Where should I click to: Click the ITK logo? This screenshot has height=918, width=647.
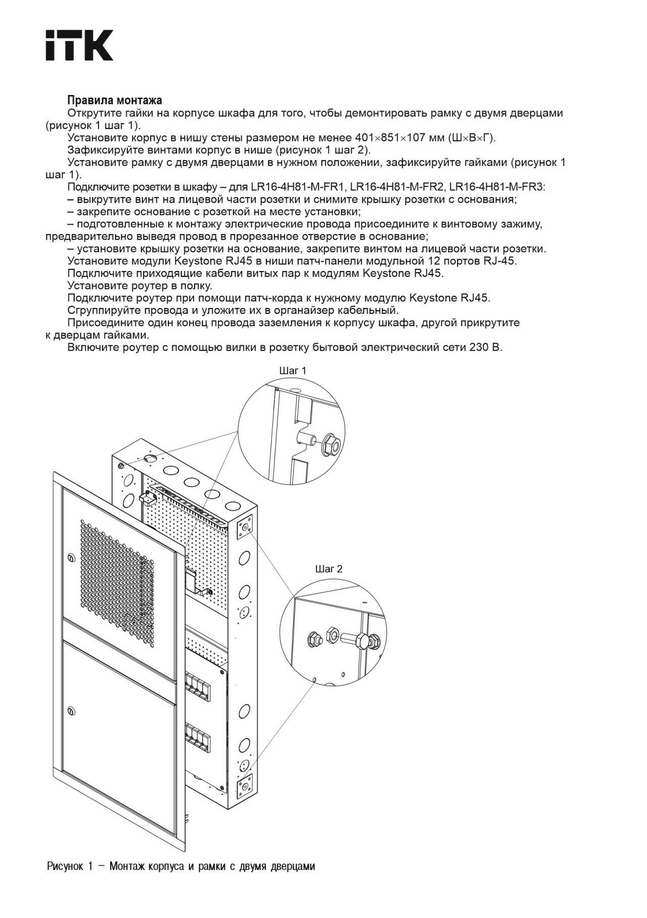coord(79,45)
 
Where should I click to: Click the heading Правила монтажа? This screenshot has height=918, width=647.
coord(115,101)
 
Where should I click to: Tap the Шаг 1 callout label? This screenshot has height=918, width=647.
coord(293,371)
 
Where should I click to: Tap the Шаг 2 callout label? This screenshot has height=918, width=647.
coord(329,569)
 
